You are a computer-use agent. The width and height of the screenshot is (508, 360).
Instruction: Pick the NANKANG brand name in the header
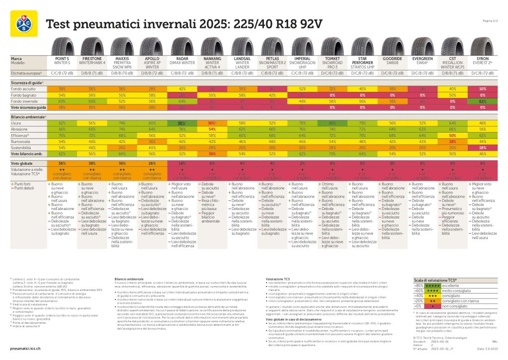213,59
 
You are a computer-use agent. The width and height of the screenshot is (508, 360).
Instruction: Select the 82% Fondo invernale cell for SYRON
482,101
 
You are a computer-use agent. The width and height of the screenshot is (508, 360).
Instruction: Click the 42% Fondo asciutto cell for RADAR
183,88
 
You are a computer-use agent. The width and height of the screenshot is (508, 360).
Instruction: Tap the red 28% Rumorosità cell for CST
452,142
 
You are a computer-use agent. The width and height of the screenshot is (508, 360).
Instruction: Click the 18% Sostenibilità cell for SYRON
482,148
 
